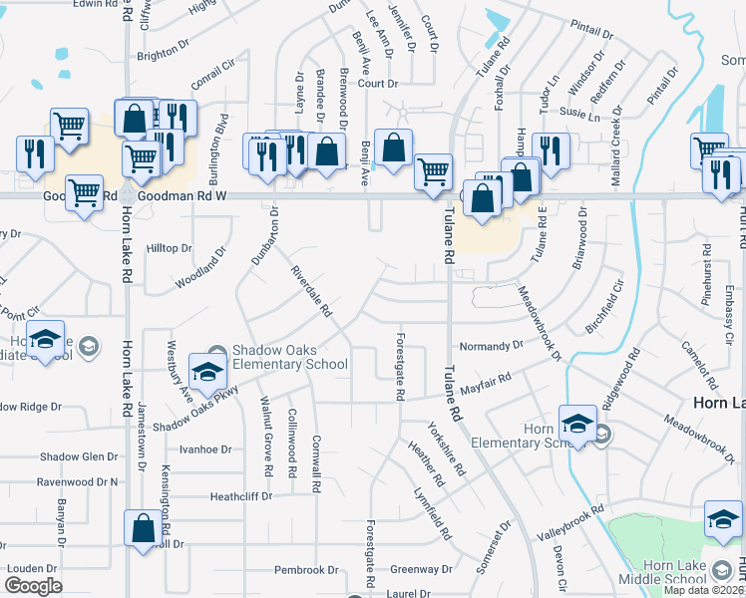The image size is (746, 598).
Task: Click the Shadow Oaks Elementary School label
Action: (x=289, y=357)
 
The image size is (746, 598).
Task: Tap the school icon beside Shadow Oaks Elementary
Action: (x=208, y=370)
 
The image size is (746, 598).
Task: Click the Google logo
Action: (x=33, y=585)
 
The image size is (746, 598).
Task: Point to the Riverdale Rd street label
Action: (x=311, y=291)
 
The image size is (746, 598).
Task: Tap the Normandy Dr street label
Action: (x=491, y=346)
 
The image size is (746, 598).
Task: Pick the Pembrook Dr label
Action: (x=306, y=570)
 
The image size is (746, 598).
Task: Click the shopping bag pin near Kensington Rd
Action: (x=142, y=527)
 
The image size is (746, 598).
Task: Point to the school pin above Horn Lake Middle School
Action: (x=722, y=520)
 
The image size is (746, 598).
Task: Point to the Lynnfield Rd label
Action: (x=430, y=507)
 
